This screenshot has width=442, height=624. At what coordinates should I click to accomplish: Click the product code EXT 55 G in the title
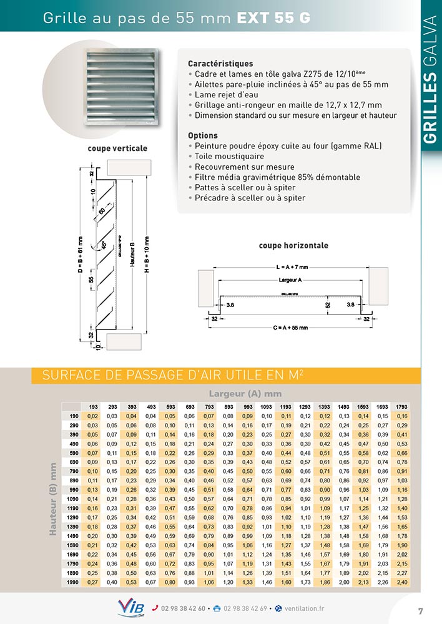[x=273, y=19]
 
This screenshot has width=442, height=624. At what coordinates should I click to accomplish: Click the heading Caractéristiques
[x=220, y=64]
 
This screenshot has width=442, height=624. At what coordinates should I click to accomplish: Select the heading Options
[x=203, y=135]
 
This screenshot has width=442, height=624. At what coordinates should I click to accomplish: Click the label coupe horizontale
[x=293, y=245]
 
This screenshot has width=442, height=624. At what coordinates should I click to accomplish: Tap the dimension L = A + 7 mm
[x=292, y=266]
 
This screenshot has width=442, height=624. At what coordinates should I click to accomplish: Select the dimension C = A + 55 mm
[x=292, y=327]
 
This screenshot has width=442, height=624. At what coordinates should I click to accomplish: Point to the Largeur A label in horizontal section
[x=290, y=280]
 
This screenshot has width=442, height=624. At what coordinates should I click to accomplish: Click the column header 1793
[x=401, y=406]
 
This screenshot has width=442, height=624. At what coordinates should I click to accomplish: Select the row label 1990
[x=73, y=582]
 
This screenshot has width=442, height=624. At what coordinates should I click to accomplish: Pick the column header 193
[x=93, y=406]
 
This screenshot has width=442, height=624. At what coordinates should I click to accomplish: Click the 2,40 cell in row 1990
[x=401, y=582]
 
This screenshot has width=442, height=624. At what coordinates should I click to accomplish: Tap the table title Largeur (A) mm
[x=245, y=393]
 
